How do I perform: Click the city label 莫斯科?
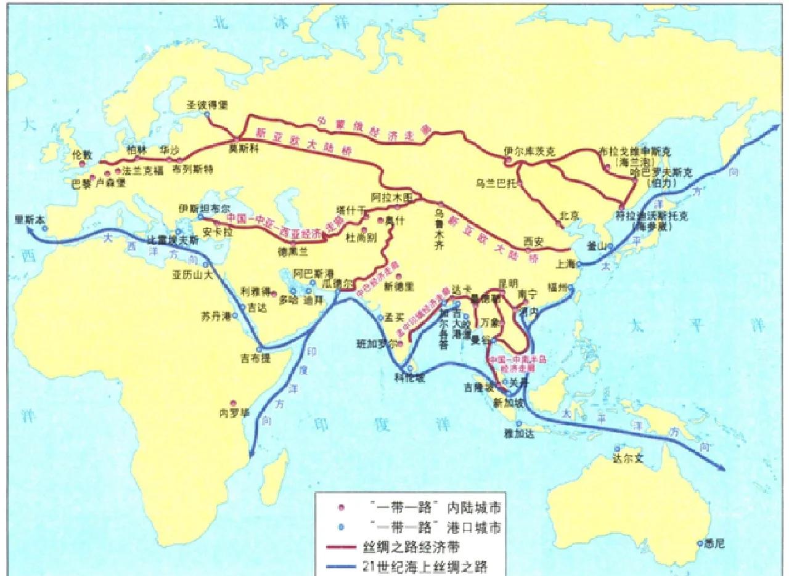[241, 148]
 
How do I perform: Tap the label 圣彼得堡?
[206, 105]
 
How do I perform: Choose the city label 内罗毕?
[234, 412]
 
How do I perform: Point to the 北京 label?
[570, 216]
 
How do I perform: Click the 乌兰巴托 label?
[495, 182]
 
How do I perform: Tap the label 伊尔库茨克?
[525, 150]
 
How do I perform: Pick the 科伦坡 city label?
[409, 378]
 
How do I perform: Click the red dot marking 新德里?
[399, 276]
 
